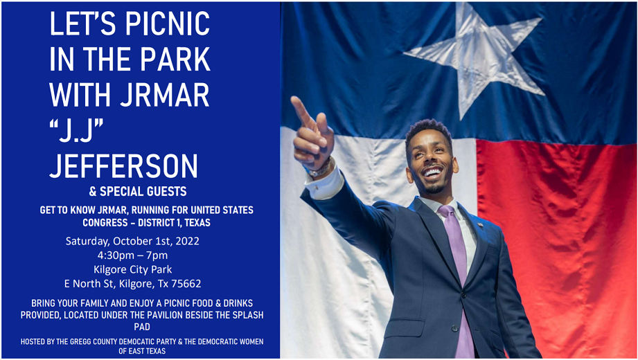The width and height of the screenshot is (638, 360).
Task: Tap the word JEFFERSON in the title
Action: click(123, 165)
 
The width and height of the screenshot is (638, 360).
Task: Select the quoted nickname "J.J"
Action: click(76, 130)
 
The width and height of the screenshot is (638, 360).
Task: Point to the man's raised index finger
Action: click(301, 110)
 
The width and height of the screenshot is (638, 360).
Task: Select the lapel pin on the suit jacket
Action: click(481, 224)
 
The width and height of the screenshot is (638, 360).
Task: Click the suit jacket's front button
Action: click(454, 328)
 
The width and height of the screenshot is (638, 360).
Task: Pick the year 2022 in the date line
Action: click(188, 241)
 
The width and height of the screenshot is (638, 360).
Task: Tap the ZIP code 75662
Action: click(186, 284)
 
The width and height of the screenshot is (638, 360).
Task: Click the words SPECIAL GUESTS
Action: click(143, 191)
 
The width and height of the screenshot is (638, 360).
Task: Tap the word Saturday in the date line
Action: click(87, 241)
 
